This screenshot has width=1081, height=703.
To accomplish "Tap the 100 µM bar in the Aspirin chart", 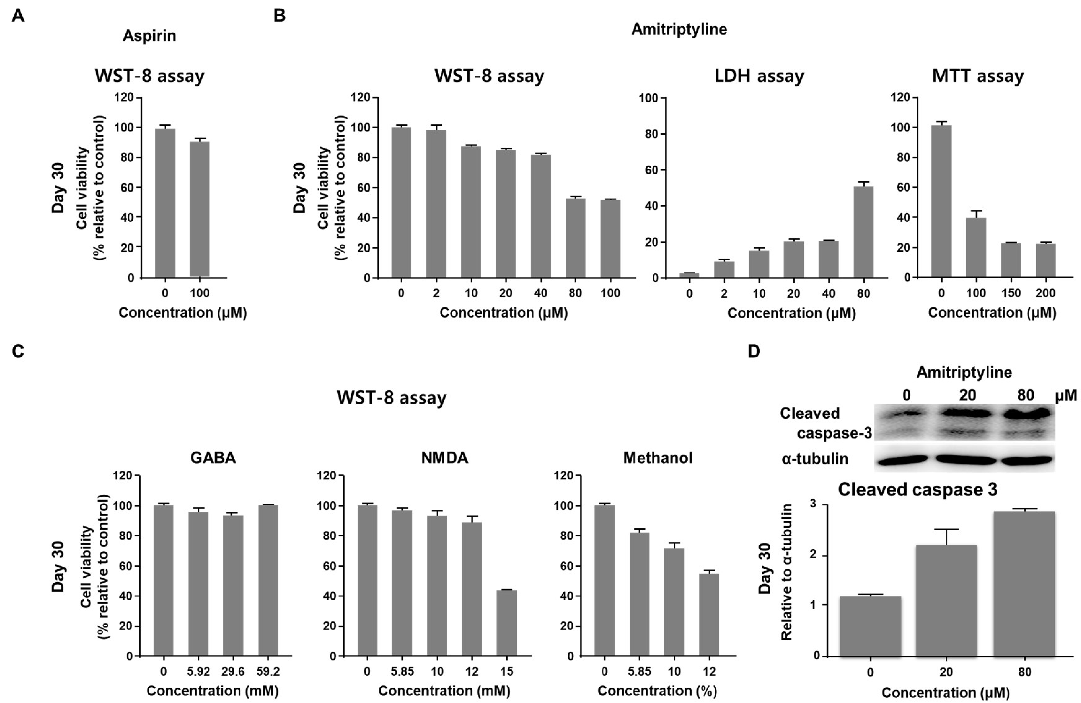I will [x=200, y=209].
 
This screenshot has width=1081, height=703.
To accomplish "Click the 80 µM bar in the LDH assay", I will [x=863, y=232].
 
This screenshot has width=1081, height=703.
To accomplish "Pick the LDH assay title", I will [x=759, y=76].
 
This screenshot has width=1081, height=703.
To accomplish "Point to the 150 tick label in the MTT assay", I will [x=1011, y=293].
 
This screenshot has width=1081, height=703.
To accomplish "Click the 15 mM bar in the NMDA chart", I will [x=506, y=623].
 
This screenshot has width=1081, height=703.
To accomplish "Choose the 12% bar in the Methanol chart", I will [x=709, y=614].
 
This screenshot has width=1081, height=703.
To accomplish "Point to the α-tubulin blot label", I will [x=815, y=459].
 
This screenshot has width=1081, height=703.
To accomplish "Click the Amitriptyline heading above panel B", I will [x=679, y=29].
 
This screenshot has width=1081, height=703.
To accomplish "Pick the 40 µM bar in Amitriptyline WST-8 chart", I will [x=540, y=216].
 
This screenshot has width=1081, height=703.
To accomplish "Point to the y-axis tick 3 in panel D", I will [x=813, y=504].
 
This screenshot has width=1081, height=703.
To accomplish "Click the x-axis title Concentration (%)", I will [x=657, y=691].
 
